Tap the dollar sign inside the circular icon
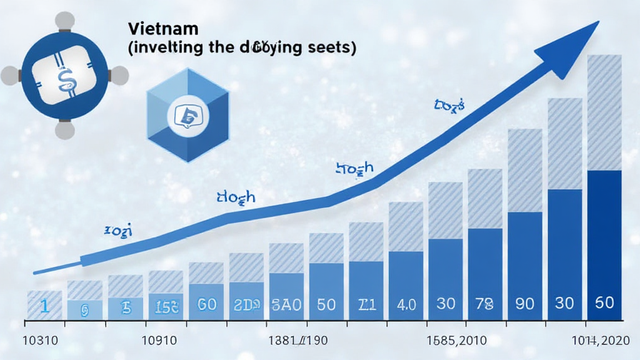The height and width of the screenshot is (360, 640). coord(64,77)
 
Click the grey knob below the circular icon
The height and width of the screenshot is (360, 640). coord(65,130)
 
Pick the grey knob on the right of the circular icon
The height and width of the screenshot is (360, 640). coord(119,76)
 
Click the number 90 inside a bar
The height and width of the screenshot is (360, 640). coord(524,304)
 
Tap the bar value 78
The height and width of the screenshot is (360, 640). coord(484,304)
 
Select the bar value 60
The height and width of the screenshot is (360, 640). coord(206,304)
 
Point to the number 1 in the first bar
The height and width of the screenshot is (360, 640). coord(44,306)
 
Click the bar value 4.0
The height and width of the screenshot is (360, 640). coord(406,305)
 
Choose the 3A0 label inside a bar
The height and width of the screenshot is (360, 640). coord(286,304)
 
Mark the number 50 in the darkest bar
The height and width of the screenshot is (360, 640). coord(604,303)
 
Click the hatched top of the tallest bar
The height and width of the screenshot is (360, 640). coord(604,112)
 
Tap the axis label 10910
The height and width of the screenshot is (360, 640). coord(160,342)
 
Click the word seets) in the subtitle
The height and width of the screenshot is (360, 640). coord(329,49)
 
